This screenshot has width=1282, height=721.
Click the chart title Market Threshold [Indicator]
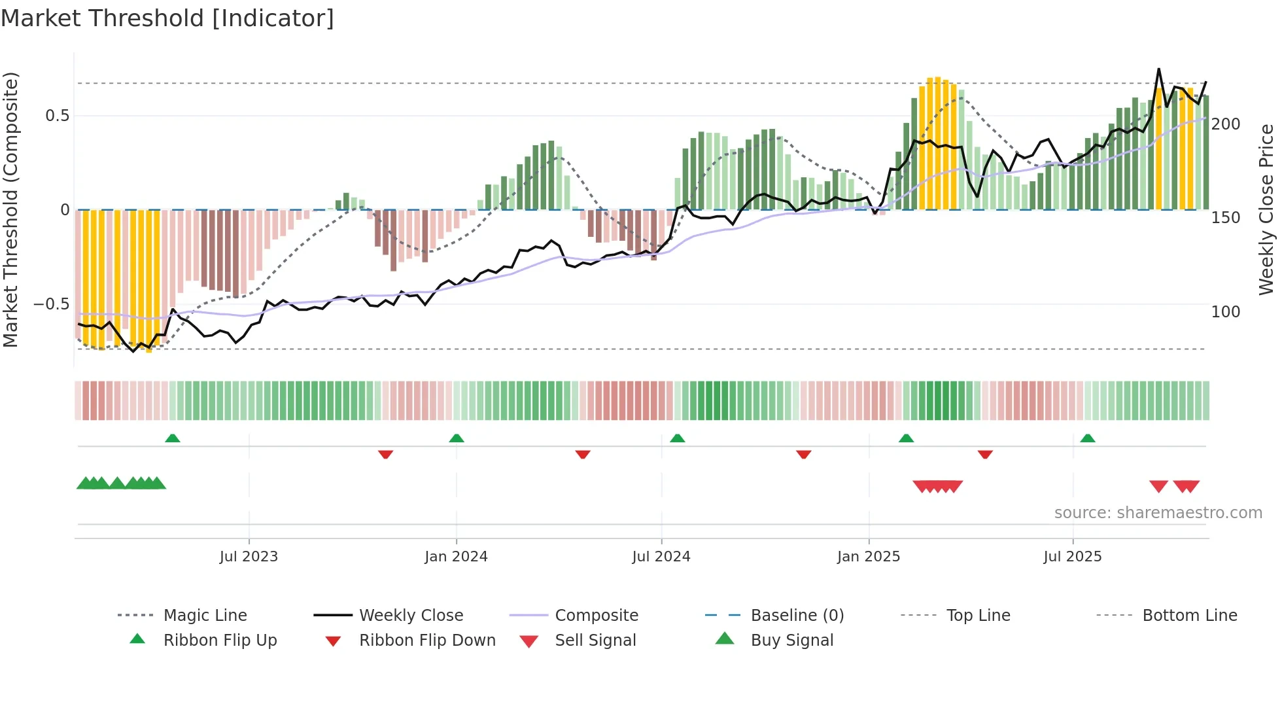click(x=167, y=18)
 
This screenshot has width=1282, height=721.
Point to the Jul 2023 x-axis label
click(x=249, y=557)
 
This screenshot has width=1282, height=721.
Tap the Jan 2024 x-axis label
click(x=456, y=557)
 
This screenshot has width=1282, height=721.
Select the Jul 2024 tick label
click(x=661, y=557)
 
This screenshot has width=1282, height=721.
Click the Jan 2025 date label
click(x=869, y=557)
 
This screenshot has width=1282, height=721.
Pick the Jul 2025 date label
click(x=1073, y=557)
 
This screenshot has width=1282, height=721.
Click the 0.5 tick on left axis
click(x=57, y=116)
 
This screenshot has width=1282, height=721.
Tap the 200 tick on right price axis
click(x=1226, y=124)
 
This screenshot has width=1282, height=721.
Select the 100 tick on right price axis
click(x=1226, y=312)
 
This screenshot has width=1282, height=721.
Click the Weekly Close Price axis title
click(x=1266, y=209)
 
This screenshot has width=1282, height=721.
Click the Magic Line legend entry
click(x=205, y=616)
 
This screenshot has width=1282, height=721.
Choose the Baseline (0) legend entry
click(x=797, y=616)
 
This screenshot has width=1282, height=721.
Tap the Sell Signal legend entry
click(x=595, y=641)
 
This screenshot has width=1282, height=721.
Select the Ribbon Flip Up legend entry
click(x=220, y=641)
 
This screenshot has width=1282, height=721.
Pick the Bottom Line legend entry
click(x=1189, y=616)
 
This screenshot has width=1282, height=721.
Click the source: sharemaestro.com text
click(x=1158, y=513)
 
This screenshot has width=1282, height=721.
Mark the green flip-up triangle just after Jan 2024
click(x=457, y=438)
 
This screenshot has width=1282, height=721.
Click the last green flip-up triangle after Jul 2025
click(x=1088, y=438)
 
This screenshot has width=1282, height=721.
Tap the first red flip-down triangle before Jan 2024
click(x=385, y=454)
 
